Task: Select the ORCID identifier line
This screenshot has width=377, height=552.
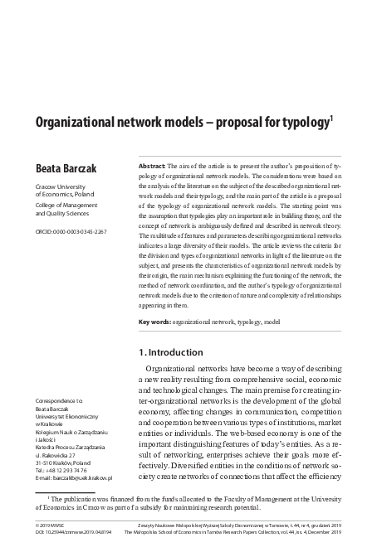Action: (x=70, y=230)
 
